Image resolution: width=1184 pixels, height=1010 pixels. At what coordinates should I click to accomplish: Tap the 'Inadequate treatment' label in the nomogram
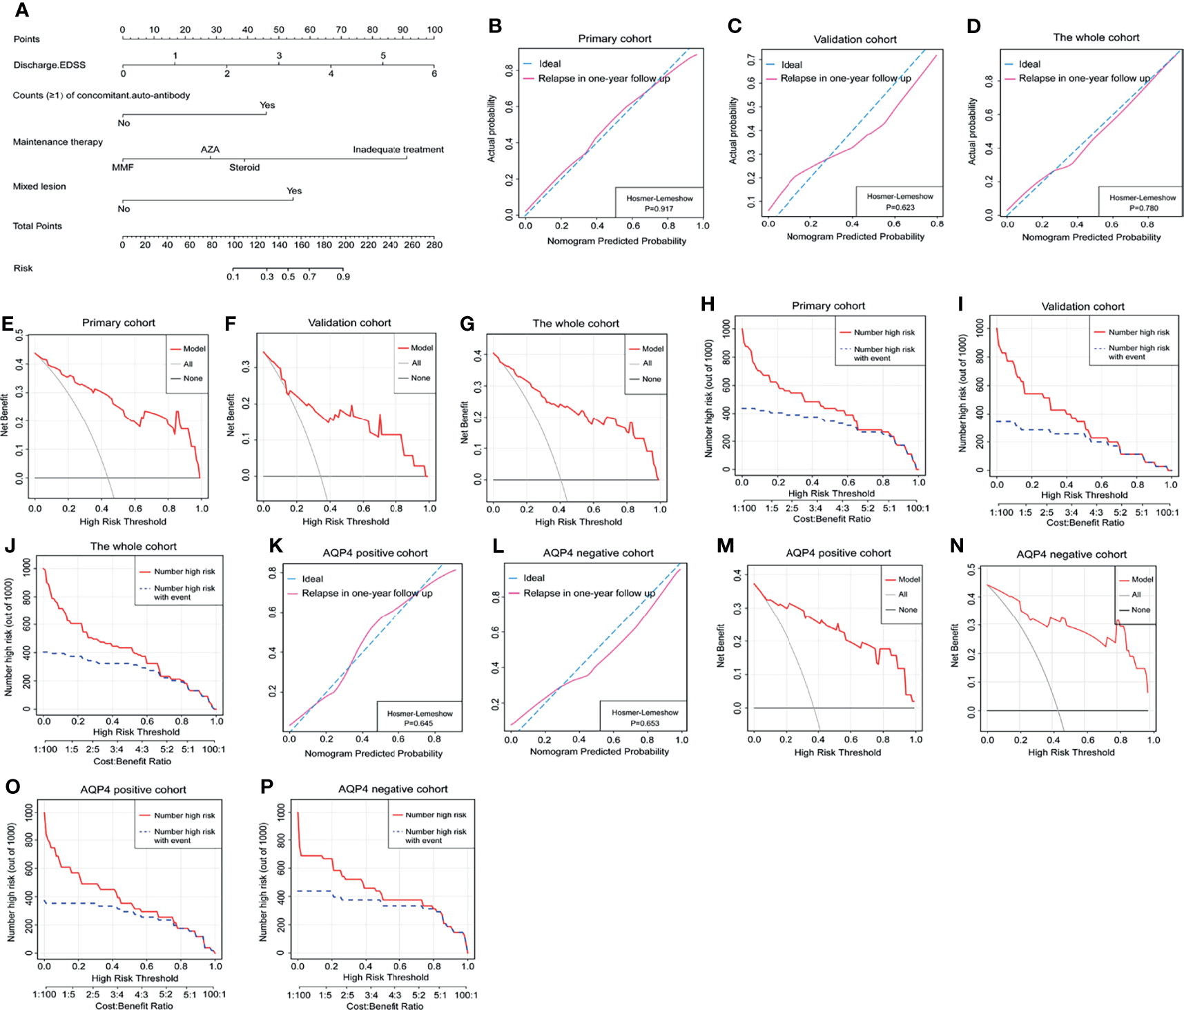click(x=398, y=150)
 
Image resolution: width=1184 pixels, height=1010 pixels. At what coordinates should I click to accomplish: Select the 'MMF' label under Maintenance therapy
click(x=123, y=168)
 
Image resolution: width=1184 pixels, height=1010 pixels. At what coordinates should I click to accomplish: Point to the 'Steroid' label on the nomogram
click(x=244, y=168)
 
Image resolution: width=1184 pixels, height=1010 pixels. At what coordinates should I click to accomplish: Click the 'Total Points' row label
click(x=37, y=226)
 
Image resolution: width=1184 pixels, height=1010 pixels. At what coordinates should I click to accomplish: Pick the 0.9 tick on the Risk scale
click(x=343, y=277)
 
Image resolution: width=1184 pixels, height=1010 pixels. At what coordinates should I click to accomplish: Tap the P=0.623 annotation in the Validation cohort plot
click(x=900, y=207)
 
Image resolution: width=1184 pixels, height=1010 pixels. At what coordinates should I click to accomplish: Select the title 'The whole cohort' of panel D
click(x=1096, y=37)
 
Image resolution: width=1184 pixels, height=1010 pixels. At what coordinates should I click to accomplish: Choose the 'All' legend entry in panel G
click(x=647, y=363)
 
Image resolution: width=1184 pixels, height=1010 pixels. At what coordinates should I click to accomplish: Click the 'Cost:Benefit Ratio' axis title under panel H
click(x=831, y=519)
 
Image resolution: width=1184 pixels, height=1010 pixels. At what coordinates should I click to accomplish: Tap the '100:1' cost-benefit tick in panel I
click(x=1167, y=512)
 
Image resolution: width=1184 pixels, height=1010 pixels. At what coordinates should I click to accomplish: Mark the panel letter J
click(x=10, y=546)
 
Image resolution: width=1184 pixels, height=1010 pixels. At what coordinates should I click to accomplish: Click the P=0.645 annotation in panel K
click(x=419, y=723)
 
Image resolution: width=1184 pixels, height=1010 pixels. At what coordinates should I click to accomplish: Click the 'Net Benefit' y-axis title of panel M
click(x=721, y=645)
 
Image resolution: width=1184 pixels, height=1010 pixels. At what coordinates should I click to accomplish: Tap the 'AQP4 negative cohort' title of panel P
click(x=393, y=789)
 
